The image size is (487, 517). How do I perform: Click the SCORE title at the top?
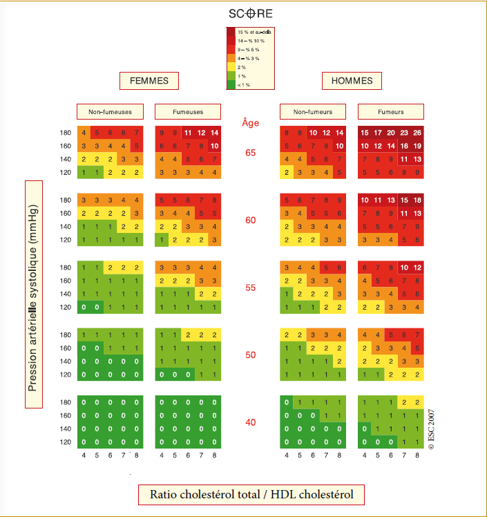(251, 13)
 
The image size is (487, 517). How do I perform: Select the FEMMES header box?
(149, 81)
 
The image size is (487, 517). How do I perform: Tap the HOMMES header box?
(352, 81)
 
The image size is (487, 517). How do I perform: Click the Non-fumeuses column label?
(110, 111)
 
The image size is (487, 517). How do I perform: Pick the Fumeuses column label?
(187, 111)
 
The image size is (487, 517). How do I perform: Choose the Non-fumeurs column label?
(313, 111)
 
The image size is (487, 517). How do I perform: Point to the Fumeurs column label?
(390, 111)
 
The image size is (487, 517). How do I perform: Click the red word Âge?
(251, 123)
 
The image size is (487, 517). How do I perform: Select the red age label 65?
(251, 152)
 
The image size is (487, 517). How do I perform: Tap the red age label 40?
(251, 422)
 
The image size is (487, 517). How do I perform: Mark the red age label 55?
(251, 288)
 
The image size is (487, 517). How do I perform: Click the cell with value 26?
(417, 133)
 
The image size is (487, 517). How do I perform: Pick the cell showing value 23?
(403, 133)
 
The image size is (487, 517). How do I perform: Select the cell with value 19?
(417, 146)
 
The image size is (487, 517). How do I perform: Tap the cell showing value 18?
(417, 200)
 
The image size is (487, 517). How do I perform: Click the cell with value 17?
(378, 133)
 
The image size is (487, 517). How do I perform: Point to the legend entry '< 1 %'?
(243, 84)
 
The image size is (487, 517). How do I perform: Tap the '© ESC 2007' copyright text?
(431, 429)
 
